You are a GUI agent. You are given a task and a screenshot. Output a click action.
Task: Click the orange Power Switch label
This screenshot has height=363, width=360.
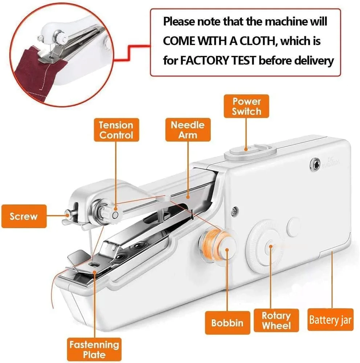click(x=246, y=106)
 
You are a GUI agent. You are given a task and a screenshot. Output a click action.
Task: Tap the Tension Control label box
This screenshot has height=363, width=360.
click(x=116, y=130)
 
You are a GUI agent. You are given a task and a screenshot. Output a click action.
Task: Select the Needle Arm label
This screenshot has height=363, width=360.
click(x=188, y=130)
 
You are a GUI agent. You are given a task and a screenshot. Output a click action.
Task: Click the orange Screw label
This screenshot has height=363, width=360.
click(x=24, y=216)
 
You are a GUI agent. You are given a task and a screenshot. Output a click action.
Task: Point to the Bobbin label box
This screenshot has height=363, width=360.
click(x=228, y=323)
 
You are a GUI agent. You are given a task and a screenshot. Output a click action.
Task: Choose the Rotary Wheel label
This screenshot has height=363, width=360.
click(x=277, y=321)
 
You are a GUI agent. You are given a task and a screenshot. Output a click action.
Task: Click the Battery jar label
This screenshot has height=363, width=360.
click(x=330, y=320)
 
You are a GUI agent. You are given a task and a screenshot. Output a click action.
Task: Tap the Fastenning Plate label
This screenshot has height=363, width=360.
click(x=94, y=350)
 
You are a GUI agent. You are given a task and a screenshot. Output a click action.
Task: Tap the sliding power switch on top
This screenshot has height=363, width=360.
click(x=250, y=152)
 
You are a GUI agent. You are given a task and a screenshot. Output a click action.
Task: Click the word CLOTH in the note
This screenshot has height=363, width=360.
click(x=259, y=41)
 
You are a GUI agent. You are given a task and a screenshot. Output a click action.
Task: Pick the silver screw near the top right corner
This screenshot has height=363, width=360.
click(x=315, y=162)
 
